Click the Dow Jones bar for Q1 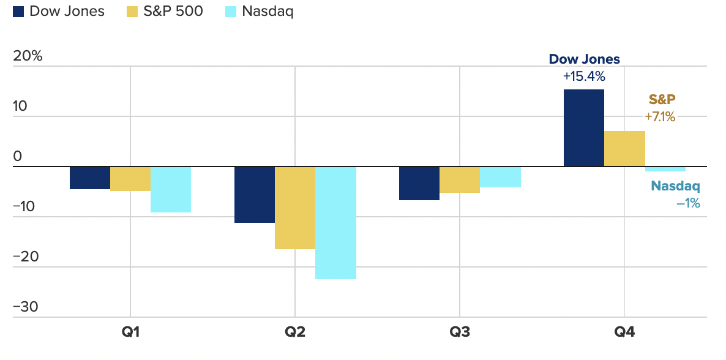90,178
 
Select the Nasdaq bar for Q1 171,189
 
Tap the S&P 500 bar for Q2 295,208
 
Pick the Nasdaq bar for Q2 335,222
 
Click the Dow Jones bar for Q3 419,183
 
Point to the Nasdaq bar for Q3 500,176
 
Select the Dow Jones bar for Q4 583,128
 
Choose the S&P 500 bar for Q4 624,149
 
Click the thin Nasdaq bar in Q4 665,169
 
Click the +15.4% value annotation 584,77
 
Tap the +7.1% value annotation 660,117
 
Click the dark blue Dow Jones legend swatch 18,12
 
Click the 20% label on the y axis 28,56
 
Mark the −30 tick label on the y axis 25,307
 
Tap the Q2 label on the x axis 295,333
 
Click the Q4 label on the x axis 624,333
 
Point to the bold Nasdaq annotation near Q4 675,186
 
